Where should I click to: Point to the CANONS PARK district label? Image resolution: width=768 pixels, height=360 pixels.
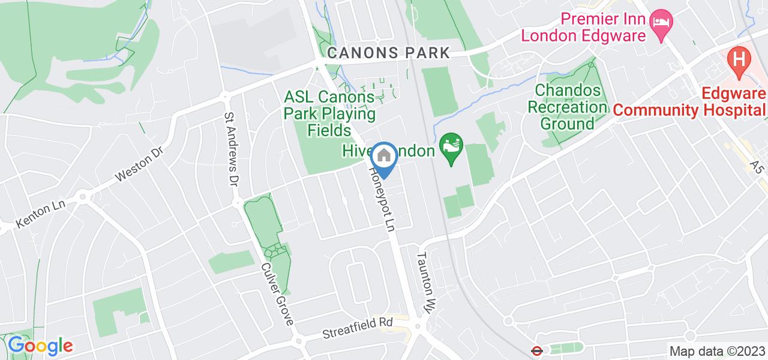click(388, 53)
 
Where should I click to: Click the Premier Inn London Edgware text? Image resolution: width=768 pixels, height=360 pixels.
click(583, 27)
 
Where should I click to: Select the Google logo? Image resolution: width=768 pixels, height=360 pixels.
click(40, 346)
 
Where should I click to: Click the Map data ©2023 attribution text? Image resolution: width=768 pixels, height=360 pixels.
click(716, 351)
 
